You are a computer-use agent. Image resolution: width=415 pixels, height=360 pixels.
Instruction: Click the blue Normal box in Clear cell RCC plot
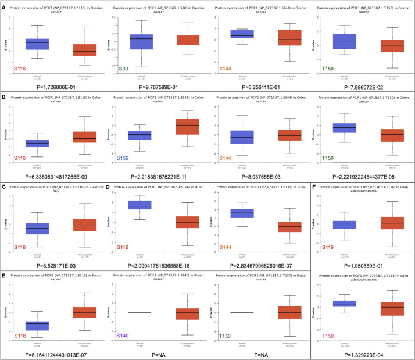(40, 229)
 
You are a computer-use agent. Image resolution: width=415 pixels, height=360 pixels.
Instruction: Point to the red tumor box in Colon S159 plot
(175, 126)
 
